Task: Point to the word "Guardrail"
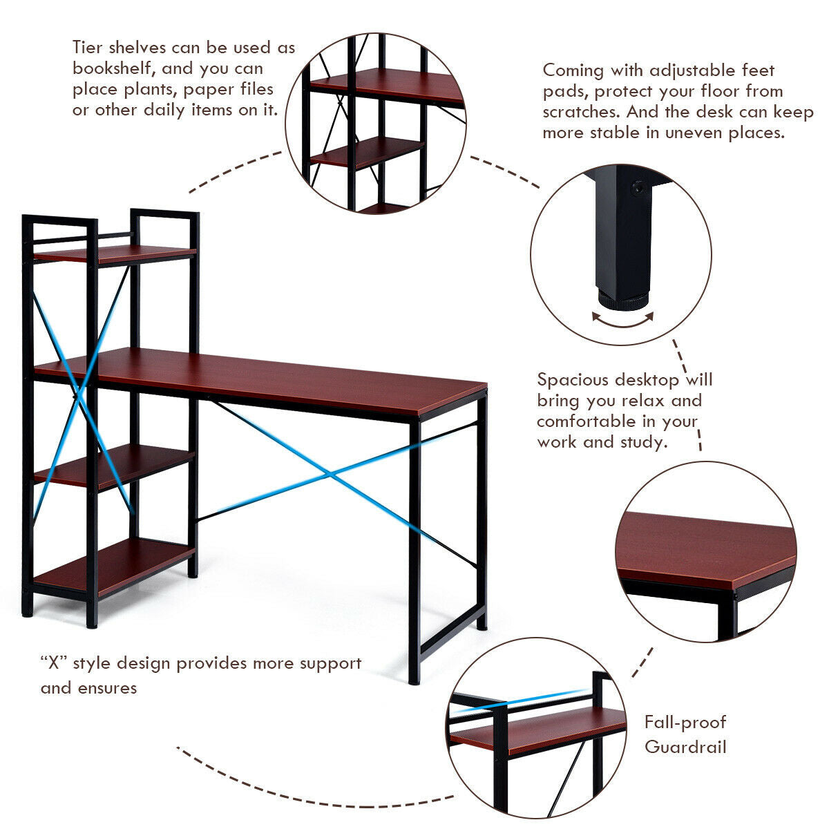[685, 747]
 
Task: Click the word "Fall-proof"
[685, 723]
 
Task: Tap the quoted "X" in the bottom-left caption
[52, 663]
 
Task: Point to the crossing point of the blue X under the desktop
[330, 475]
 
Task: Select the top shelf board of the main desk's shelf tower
[114, 254]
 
